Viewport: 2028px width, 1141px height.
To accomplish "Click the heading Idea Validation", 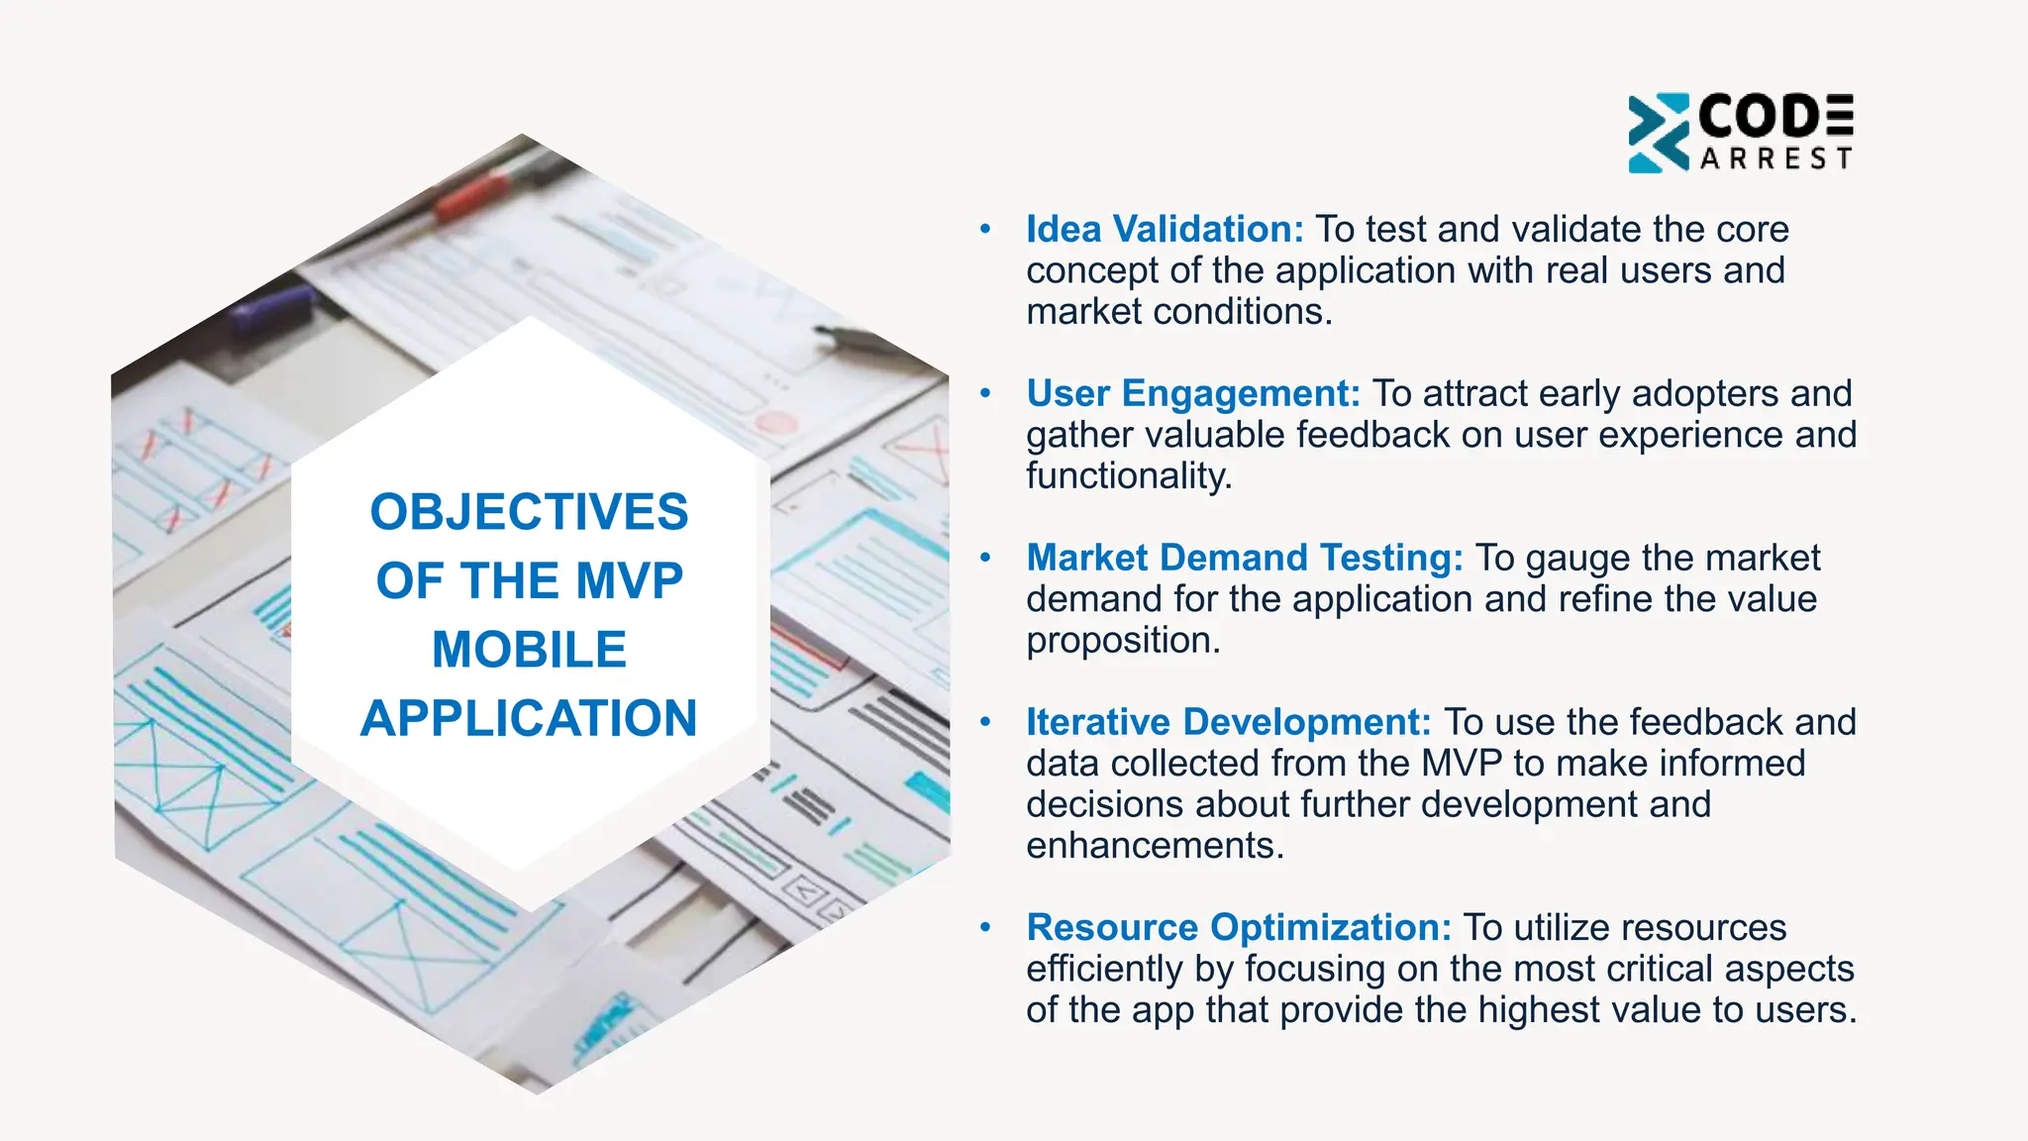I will (1165, 230).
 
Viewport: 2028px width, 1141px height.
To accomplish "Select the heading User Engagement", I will (1193, 394).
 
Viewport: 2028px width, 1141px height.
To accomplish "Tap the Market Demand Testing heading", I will (1245, 559).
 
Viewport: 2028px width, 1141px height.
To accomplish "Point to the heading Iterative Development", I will (1228, 723).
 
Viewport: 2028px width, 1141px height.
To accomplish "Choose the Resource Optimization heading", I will (1239, 928).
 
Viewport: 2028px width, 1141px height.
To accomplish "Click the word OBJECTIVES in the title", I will (529, 513).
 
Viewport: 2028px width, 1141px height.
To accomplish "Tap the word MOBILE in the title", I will (529, 651).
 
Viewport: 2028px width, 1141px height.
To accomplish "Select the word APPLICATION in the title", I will (529, 719).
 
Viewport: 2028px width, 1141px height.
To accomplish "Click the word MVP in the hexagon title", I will (629, 581).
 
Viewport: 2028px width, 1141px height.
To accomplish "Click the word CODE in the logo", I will (1775, 117).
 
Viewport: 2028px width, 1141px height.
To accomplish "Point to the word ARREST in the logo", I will (1775, 159).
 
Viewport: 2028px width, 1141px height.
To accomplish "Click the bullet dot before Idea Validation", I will (985, 230).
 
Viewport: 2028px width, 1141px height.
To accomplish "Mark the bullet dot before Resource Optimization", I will (985, 928).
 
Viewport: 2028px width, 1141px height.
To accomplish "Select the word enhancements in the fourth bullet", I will (1155, 846).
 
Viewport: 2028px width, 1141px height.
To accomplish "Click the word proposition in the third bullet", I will (1123, 641).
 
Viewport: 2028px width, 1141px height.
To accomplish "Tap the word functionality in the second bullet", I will (1129, 476).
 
